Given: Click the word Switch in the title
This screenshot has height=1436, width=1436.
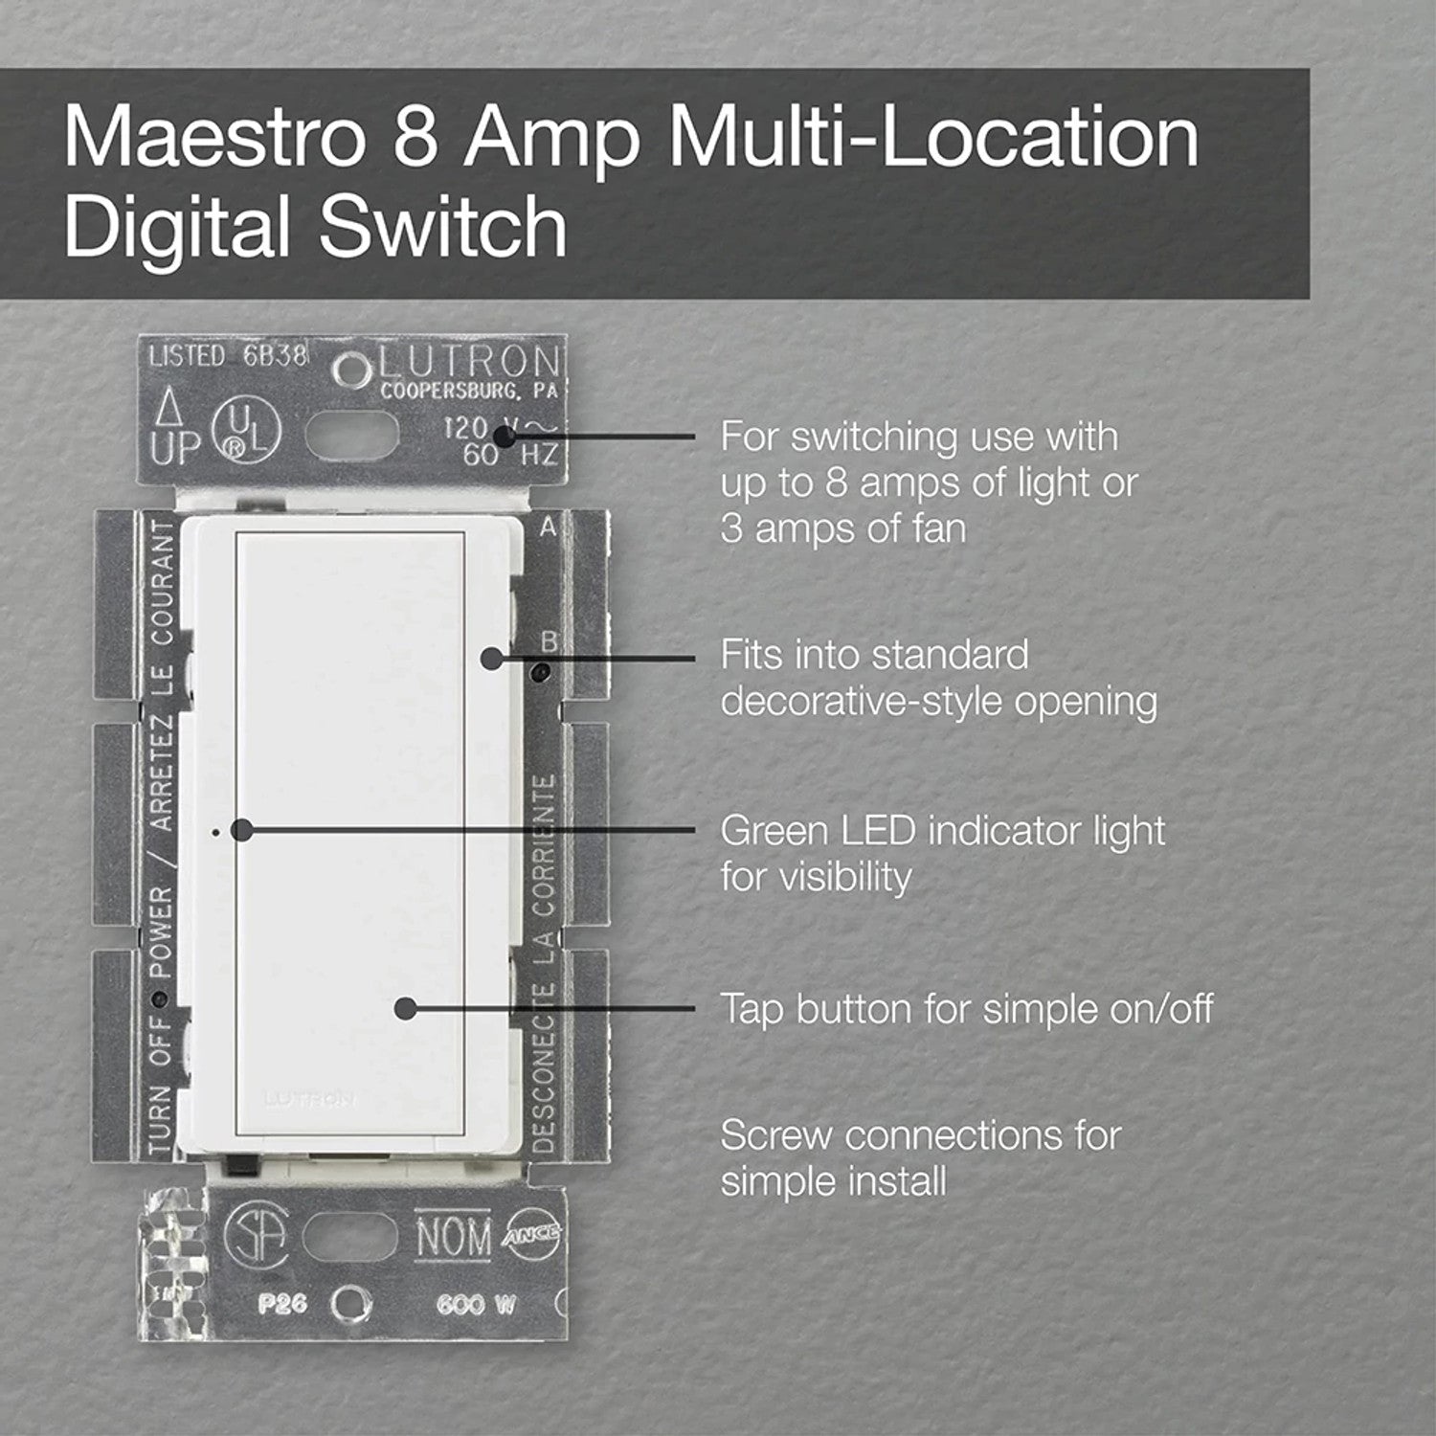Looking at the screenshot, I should pyautogui.click(x=443, y=228).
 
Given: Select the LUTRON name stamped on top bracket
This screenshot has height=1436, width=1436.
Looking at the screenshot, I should pyautogui.click(x=467, y=362).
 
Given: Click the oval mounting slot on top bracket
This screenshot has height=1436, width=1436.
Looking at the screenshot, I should pyautogui.click(x=351, y=436).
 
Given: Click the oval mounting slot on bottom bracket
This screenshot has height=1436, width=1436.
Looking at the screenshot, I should pyautogui.click(x=349, y=1236).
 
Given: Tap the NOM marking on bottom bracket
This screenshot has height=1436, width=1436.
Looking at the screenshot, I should pyautogui.click(x=453, y=1236).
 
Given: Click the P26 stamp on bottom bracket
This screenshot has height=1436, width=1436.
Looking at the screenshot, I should pyautogui.click(x=281, y=1304).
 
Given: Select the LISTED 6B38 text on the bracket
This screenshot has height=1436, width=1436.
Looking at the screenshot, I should pyautogui.click(x=228, y=356).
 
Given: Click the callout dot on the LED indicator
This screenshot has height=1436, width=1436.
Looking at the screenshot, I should pyautogui.click(x=242, y=831).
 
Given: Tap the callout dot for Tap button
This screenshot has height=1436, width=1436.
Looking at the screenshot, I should pyautogui.click(x=406, y=1008).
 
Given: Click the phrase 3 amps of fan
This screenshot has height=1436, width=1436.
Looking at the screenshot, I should pyautogui.click(x=842, y=528).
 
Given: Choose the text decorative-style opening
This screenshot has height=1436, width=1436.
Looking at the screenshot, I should pyautogui.click(x=938, y=702).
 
